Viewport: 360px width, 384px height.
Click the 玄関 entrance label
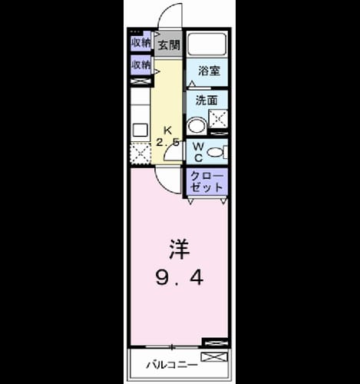(x=169, y=45)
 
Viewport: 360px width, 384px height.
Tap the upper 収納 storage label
(x=141, y=43)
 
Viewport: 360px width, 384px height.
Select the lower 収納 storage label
(x=141, y=65)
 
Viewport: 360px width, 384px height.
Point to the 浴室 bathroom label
(x=209, y=71)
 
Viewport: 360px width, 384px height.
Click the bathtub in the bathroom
(x=206, y=44)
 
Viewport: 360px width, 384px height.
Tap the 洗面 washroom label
(x=206, y=100)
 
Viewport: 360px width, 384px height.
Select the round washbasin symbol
(x=197, y=126)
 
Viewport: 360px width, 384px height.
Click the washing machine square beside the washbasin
(x=218, y=119)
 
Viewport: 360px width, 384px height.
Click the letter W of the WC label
(x=198, y=147)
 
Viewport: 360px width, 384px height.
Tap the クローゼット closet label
(x=206, y=182)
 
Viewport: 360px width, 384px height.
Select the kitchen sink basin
(x=140, y=130)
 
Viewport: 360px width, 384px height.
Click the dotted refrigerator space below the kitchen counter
(x=140, y=154)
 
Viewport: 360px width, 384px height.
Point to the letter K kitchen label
(x=167, y=131)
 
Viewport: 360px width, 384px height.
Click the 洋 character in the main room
(x=180, y=249)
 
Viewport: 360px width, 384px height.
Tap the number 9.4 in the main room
(x=180, y=278)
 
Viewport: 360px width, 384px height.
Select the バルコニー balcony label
(x=172, y=365)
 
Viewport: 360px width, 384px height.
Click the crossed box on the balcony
(x=214, y=357)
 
